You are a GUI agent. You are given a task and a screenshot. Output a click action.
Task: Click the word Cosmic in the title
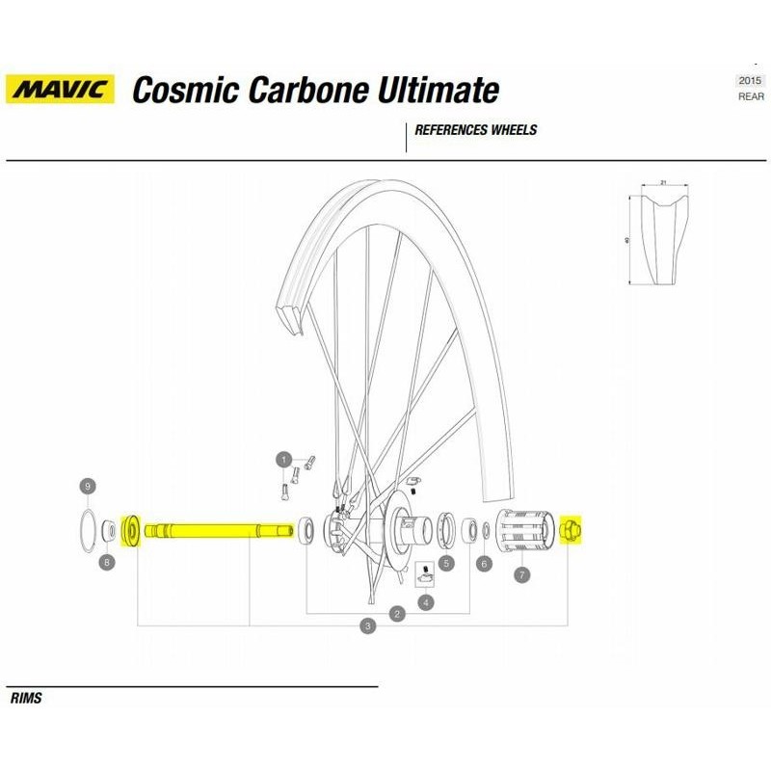184,91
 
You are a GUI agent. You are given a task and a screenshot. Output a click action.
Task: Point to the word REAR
751,96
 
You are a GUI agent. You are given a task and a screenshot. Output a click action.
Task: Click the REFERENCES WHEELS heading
475,130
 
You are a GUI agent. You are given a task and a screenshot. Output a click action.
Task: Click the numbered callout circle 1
283,459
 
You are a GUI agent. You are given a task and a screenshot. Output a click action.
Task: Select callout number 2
396,613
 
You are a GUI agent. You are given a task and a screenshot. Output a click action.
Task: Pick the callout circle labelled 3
367,626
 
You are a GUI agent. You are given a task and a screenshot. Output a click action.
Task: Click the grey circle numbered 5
446,563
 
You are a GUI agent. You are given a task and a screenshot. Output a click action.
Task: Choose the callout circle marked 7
521,575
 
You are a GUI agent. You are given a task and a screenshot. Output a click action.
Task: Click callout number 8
106,562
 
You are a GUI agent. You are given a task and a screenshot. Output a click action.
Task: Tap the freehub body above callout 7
524,532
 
